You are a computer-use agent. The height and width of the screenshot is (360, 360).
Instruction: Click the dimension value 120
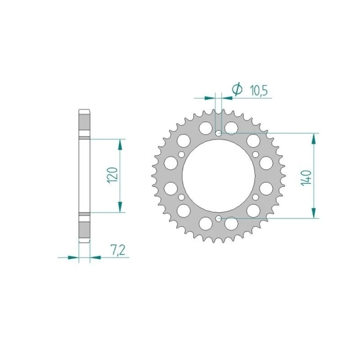[113, 175]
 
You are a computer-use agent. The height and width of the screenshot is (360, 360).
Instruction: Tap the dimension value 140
[306, 177]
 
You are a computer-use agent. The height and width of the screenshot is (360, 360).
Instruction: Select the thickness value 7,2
[118, 250]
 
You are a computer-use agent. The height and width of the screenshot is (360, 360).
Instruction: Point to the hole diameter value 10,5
[258, 90]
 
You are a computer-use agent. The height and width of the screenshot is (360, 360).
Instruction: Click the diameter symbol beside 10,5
[237, 89]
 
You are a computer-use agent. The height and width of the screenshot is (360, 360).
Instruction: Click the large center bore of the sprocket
[219, 176]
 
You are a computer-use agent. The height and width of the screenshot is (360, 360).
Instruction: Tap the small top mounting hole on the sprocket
[219, 133]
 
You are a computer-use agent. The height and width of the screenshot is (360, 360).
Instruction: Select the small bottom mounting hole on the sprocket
[219, 219]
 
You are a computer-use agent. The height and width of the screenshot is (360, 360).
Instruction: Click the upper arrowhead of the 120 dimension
[120, 145]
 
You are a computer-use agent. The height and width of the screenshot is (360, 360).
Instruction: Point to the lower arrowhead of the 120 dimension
[120, 207]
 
